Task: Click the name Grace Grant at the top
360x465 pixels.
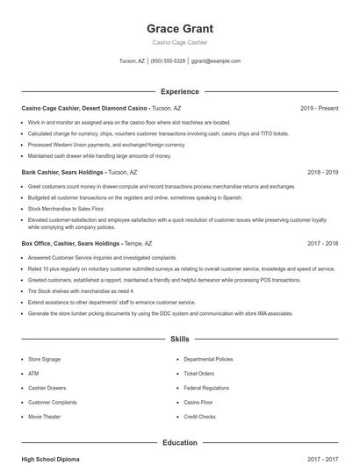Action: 179,28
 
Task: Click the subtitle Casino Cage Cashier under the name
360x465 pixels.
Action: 179,43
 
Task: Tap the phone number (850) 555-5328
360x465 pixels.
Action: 168,61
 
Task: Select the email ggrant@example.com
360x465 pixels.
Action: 215,61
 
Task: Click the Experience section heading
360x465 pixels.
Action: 179,91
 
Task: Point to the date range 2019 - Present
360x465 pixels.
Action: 319,108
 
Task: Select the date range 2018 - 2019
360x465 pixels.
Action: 322,173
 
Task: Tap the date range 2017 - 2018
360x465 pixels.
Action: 322,243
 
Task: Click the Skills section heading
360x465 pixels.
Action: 179,339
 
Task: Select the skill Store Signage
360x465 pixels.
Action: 45,359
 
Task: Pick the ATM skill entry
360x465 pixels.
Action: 32,373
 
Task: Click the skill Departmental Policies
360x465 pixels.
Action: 208,359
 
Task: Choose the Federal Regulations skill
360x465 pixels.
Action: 206,388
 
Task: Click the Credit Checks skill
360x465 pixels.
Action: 199,417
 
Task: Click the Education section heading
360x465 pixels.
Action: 179,443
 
